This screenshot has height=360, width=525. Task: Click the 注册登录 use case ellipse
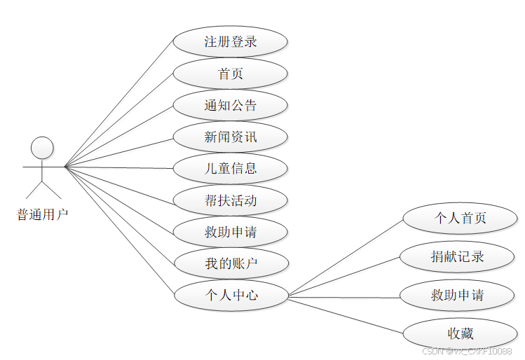coord(230,41)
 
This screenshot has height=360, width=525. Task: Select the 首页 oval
coord(230,74)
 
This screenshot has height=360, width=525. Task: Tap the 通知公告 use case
coord(230,105)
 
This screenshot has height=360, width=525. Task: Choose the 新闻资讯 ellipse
coord(230,137)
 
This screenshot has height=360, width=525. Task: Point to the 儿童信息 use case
coord(230,169)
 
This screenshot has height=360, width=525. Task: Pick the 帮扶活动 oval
coord(230,200)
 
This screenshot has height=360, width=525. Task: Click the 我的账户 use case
coord(230,263)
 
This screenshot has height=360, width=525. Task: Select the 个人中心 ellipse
coord(230,295)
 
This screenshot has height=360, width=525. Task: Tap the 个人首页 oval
coord(460,218)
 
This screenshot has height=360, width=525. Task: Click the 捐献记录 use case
coord(457,256)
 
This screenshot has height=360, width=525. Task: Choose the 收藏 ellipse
coord(460,333)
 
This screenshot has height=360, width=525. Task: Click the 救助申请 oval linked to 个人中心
coord(457,295)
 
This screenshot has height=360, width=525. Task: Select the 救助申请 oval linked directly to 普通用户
coord(230,232)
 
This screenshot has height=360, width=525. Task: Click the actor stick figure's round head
coord(43,147)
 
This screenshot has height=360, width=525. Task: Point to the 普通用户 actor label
coord(43,214)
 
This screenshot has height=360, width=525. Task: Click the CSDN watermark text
coord(467,351)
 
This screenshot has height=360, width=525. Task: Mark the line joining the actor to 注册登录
coord(119,104)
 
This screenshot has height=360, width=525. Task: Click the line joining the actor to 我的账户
coord(119,215)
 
